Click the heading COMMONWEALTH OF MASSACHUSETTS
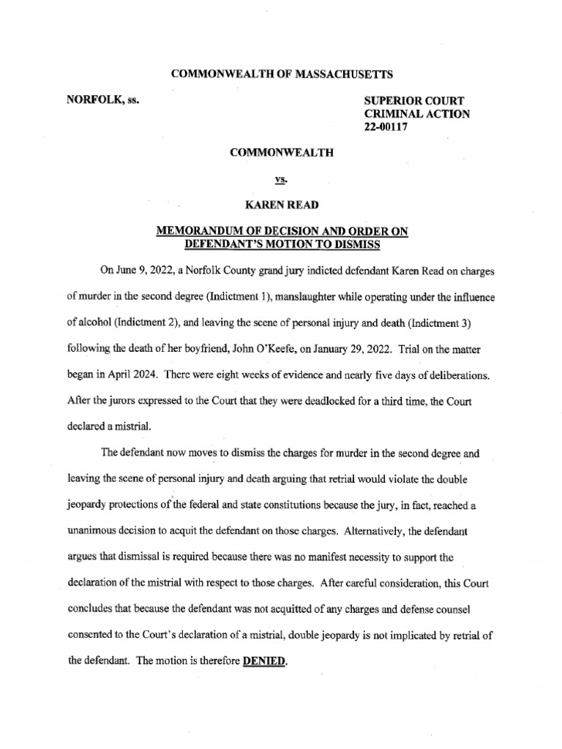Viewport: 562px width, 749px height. click(282, 74)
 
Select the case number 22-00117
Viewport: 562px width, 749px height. click(385, 127)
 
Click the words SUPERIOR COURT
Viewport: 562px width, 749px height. click(413, 100)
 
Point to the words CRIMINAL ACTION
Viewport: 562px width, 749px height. click(416, 113)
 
